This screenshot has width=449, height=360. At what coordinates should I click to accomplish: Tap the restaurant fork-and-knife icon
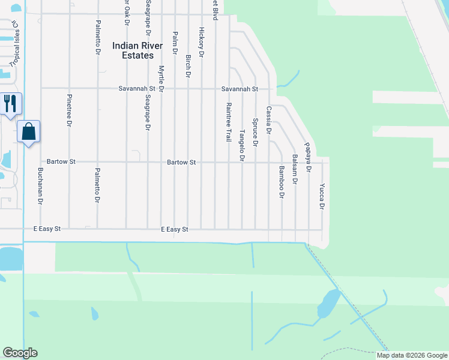click(x=10, y=103)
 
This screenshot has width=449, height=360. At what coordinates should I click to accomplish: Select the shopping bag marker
click(x=29, y=131)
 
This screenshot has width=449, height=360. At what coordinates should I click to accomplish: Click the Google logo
click(x=20, y=353)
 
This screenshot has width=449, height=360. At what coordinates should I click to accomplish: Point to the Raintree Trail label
click(x=229, y=121)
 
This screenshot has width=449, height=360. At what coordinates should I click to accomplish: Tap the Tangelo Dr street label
click(x=243, y=146)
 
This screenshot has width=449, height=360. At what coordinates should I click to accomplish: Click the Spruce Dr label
click(x=255, y=132)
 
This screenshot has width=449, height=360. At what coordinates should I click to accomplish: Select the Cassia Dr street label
click(x=269, y=120)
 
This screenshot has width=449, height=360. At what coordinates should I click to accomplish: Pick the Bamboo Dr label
click(x=281, y=182)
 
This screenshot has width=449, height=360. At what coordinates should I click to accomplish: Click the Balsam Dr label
click(x=295, y=169)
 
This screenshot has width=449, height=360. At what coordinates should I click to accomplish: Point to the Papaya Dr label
click(x=308, y=157)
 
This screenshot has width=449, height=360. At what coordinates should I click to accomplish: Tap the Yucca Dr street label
click(x=322, y=196)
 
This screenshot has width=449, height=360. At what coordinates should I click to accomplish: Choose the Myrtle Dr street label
click(x=161, y=75)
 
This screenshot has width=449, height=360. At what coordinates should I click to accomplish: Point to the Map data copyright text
click(x=411, y=355)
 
